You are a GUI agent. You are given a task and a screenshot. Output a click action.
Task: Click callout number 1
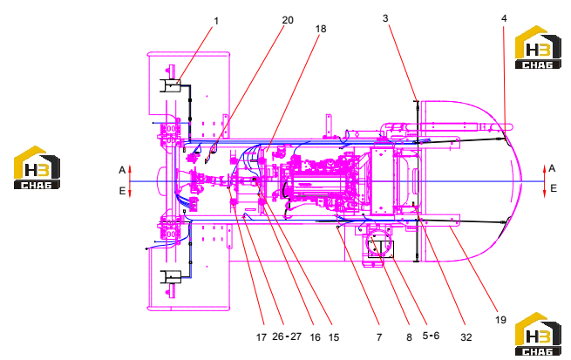[x=216, y=21]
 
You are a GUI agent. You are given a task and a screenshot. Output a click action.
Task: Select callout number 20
[x=288, y=20]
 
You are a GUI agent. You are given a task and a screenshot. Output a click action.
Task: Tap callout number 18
[x=321, y=29]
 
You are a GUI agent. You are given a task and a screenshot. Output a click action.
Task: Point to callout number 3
[x=385, y=18]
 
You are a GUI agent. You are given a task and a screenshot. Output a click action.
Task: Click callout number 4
[x=504, y=18]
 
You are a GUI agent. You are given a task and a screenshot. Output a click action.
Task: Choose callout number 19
[x=500, y=320]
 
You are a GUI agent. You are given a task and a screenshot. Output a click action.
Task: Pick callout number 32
[x=466, y=337]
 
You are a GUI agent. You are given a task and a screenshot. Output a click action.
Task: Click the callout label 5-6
[x=431, y=336]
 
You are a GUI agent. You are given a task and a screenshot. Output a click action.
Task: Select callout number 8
[x=409, y=337]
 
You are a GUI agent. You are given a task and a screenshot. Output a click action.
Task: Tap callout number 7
[x=379, y=337]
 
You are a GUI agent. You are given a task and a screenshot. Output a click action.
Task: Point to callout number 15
[x=334, y=337]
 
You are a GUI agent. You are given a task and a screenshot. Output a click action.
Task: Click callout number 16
[x=315, y=337]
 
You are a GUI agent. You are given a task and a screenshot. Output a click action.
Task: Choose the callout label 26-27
[x=287, y=336]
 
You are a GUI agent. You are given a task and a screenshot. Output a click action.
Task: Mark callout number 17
[x=262, y=337]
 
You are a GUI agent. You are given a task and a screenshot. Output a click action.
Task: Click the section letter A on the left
[x=122, y=170]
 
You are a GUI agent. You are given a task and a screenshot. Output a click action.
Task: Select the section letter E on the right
[x=554, y=188]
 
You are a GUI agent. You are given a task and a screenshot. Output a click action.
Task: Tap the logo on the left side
[x=37, y=167]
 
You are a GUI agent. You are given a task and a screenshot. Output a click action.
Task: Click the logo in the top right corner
[x=538, y=47]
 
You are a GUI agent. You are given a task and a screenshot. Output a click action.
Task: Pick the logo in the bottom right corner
[x=538, y=334]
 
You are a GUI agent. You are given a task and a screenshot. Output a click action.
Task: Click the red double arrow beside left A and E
[x=130, y=181]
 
